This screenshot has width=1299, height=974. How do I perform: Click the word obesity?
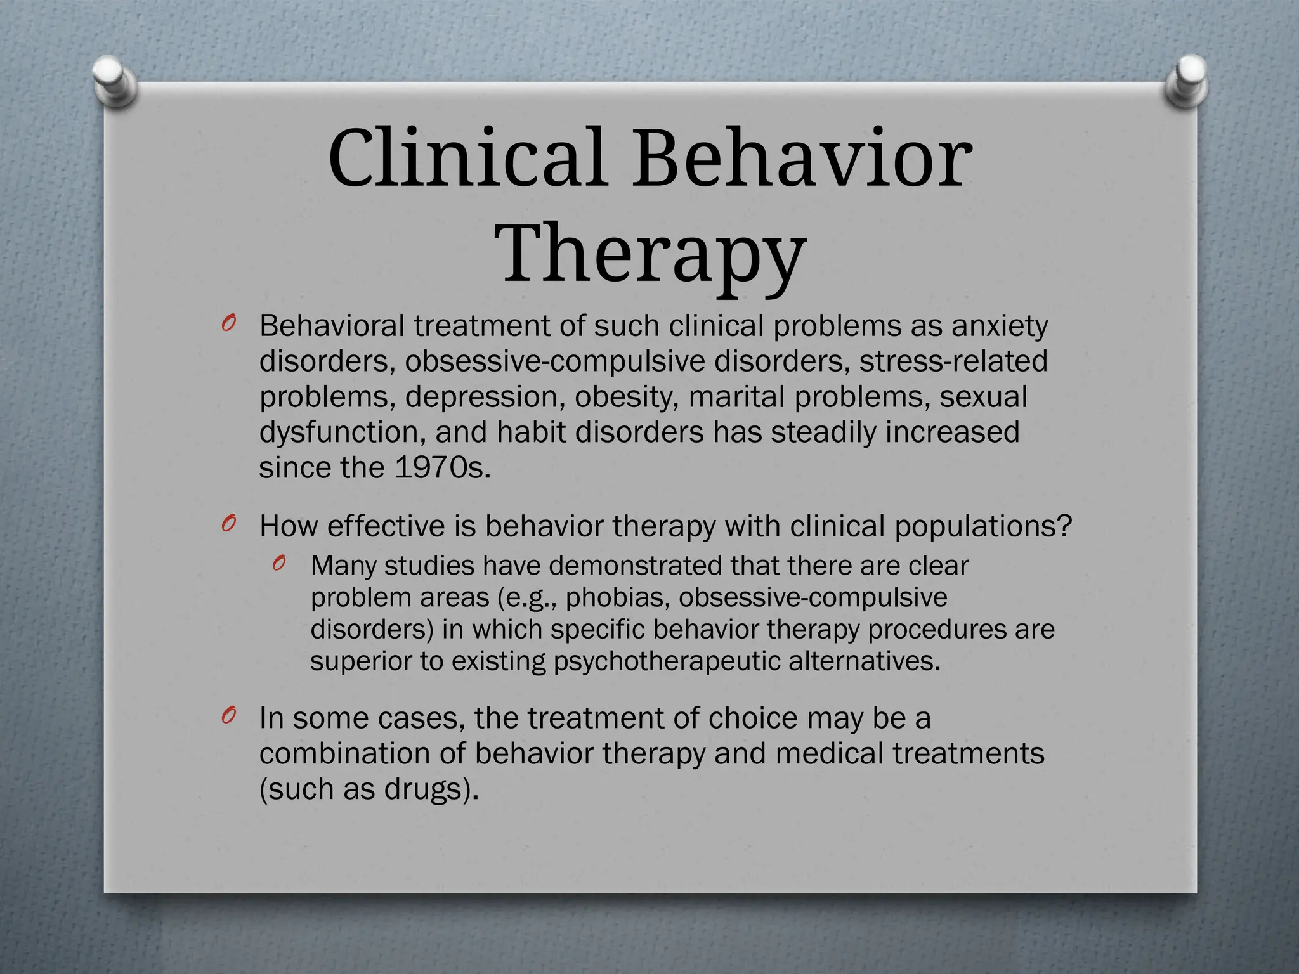coord(626,397)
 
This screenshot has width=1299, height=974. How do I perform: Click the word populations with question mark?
coord(983,526)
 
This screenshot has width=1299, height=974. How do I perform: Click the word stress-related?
coord(953,361)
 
